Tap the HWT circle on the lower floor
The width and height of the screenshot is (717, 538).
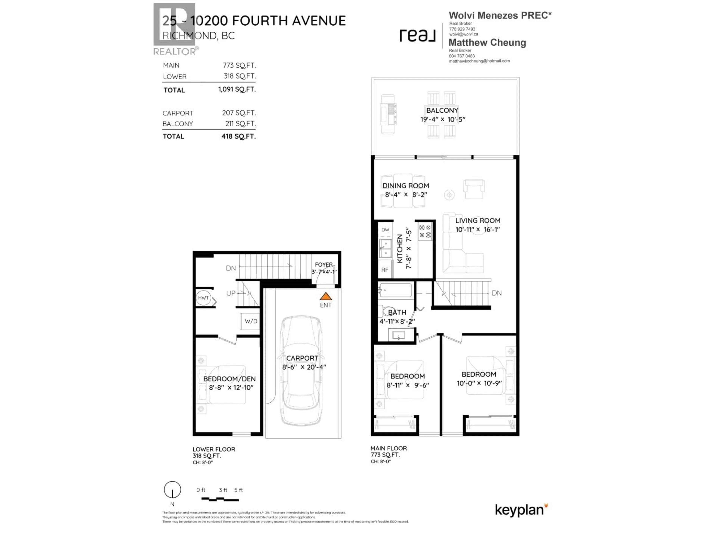tap(203, 298)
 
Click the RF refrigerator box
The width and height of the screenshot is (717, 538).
tap(385, 270)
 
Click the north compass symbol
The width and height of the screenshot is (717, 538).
tap(172, 490)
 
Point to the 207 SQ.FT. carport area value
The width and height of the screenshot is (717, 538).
tap(239, 113)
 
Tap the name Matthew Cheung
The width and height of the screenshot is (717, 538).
tap(487, 42)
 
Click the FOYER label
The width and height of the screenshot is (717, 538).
tap(324, 265)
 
